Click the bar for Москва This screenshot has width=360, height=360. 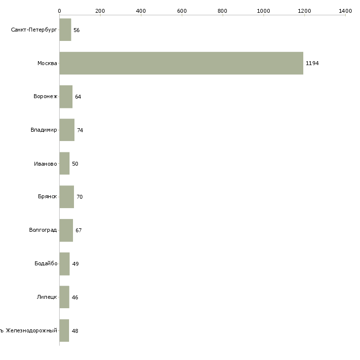click(181, 63)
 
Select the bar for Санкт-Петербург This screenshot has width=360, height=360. click(65, 30)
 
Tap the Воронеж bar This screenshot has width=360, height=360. click(66, 97)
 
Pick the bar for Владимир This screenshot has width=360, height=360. click(67, 130)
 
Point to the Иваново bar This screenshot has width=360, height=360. click(64, 163)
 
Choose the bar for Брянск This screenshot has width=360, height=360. click(67, 197)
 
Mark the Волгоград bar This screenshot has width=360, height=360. click(66, 230)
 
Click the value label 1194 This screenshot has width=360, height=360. click(312, 64)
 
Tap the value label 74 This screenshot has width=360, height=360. click(80, 130)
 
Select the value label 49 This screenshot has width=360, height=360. click(75, 264)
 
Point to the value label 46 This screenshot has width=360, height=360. click(75, 297)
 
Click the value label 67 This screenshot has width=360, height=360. click(78, 230)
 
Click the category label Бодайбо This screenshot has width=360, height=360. click(45, 263)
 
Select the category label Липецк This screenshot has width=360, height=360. click(47, 297)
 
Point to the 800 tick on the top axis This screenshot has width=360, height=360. click(222, 10)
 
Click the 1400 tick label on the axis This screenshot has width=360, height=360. click(345, 10)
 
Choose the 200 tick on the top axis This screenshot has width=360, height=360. click(100, 10)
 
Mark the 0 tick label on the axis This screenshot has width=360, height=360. click(59, 10)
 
